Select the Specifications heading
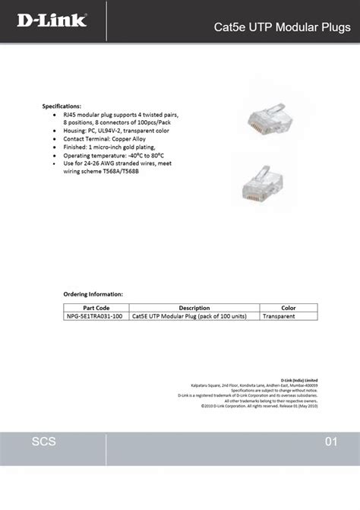(62, 106)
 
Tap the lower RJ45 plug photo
(266, 188)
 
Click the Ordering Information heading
(93, 293)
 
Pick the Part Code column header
(96, 307)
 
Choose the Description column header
(194, 307)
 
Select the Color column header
(289, 307)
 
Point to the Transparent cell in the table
(279, 315)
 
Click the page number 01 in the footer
(330, 442)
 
